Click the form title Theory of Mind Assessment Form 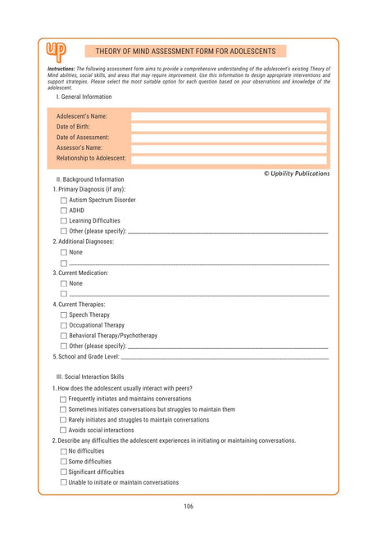(185, 51)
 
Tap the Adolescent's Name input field (229, 117)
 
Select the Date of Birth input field (229, 128)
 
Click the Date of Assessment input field (229, 138)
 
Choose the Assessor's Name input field (229, 148)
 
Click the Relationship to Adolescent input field (229, 159)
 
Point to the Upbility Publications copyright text (297, 174)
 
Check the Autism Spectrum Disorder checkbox (64, 200)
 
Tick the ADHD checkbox (64, 210)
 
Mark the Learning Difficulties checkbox (64, 221)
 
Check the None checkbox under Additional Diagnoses (64, 252)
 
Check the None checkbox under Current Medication (64, 283)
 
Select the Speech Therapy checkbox (64, 315)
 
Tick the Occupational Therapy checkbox (64, 325)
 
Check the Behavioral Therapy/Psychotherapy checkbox (64, 336)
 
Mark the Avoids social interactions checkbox (63, 430)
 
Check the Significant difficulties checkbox (63, 472)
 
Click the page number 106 (188, 507)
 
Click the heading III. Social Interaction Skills (95, 377)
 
